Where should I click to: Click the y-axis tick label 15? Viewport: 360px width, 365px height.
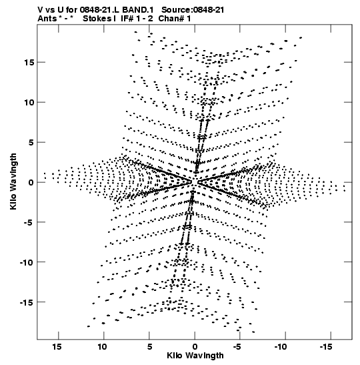tap(29, 62)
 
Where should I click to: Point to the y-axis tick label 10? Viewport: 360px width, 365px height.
tap(29, 102)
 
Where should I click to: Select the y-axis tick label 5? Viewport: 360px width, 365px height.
tap(31, 142)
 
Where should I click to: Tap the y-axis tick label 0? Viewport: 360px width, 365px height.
tap(31, 183)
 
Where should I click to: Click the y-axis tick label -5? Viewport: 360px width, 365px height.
tap(29, 222)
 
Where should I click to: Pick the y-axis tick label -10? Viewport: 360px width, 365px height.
tap(27, 262)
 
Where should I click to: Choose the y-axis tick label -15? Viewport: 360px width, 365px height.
tap(27, 302)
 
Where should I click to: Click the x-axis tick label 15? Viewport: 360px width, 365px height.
tap(57, 347)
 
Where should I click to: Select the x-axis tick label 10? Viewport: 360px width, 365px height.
tap(102, 347)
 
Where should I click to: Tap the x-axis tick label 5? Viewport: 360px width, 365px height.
tap(149, 347)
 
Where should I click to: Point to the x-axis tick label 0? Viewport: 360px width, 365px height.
tap(195, 347)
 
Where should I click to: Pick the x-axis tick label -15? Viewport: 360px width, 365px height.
tap(326, 347)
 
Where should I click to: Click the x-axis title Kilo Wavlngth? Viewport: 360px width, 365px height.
tap(195, 356)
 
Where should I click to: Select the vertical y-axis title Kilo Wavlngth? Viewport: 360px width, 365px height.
tap(13, 181)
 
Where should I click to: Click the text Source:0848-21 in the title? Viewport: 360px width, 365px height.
tap(193, 10)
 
